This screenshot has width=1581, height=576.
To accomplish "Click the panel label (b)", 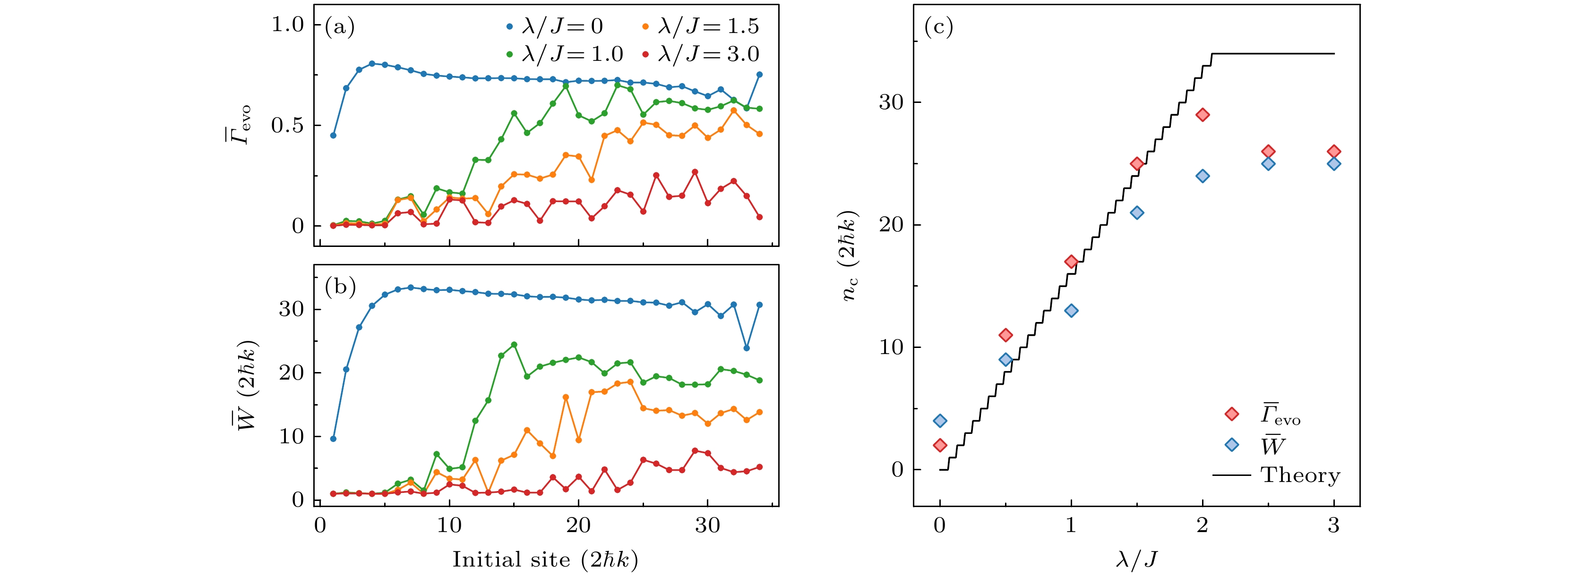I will [340, 287].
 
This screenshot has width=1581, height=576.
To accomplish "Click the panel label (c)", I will [938, 27].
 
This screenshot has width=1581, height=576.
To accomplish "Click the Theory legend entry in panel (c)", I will [1300, 475].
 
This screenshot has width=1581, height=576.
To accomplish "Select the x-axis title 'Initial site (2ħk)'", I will [545, 559].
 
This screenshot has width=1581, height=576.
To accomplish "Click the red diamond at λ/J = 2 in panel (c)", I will [1203, 115].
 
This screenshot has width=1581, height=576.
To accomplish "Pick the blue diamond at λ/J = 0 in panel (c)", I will [940, 421].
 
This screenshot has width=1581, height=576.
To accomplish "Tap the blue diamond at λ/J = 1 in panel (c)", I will [1071, 310].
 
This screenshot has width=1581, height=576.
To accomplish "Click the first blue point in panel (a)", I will [333, 135].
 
